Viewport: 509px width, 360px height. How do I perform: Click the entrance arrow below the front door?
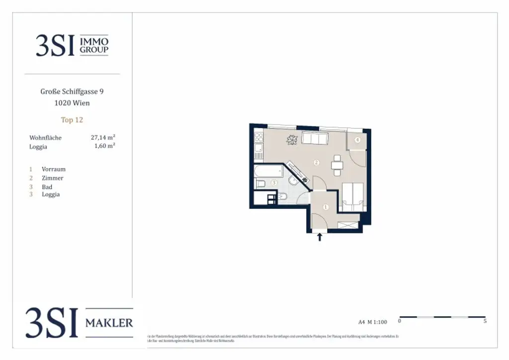[x=320, y=237]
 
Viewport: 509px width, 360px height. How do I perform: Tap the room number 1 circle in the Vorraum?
[x=326, y=207]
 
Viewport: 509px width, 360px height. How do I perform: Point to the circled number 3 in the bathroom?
[x=274, y=183]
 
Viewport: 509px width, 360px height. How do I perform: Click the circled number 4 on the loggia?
[x=357, y=140]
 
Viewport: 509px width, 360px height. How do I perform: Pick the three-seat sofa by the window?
[x=315, y=139]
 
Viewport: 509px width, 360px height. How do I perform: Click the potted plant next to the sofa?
[x=291, y=140]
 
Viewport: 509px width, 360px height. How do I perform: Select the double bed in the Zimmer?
[x=352, y=196]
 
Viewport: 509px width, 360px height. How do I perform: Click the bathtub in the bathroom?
[x=268, y=171]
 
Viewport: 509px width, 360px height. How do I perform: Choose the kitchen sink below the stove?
[x=258, y=148]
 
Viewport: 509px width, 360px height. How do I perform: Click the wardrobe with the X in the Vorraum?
[x=348, y=225]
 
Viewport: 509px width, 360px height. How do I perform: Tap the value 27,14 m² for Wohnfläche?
[x=103, y=137]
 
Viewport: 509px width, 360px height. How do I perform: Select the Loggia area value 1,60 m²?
[x=105, y=146]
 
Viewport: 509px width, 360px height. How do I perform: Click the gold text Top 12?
[x=72, y=120]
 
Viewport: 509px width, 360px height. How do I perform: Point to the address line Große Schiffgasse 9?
[x=72, y=91]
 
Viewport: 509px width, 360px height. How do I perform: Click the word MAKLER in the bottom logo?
[x=109, y=323]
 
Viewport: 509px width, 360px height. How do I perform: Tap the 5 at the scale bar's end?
[x=485, y=322]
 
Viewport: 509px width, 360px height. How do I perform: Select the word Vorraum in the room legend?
[x=54, y=169]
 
